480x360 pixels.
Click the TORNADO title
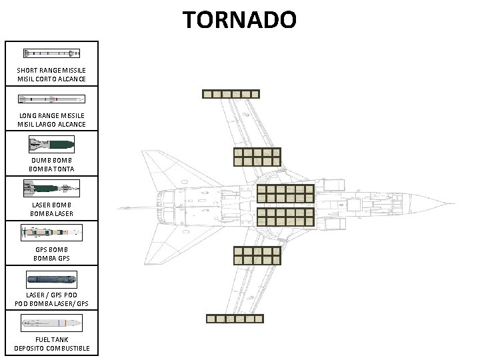tap(240, 19)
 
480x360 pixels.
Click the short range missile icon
tap(51, 53)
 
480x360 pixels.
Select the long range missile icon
tap(51, 99)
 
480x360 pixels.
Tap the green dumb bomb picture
tap(51, 143)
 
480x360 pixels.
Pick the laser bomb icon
tap(51, 188)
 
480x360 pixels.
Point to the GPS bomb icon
tap(51, 233)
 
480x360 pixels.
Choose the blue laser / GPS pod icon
tap(51, 278)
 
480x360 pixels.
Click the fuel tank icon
tap(51, 324)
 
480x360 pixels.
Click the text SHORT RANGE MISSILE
tap(51, 71)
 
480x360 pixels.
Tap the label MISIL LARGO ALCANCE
tap(51, 125)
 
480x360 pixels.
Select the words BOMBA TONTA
tap(51, 169)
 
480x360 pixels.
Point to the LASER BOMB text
tap(51, 205)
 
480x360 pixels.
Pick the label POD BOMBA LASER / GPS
tap(51, 304)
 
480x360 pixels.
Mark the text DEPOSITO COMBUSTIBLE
tap(51, 349)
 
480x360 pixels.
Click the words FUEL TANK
tap(51, 339)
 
